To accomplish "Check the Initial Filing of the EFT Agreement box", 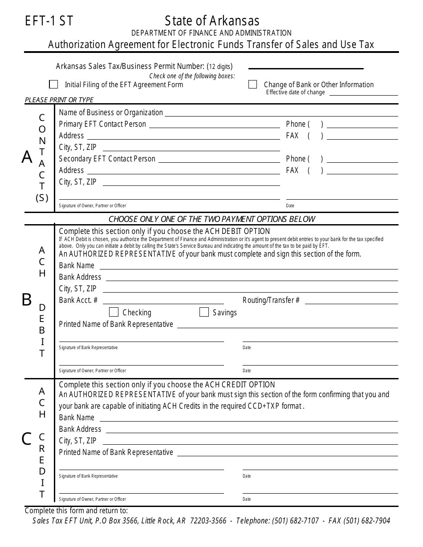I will coord(53,84).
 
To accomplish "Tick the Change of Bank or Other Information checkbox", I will coord(252,84).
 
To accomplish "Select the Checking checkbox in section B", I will coord(114,312).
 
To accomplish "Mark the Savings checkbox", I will coord(204,312).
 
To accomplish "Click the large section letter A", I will coord(27,157).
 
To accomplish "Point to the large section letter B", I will coord(27,300).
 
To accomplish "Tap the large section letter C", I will coord(27,439).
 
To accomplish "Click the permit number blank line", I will coord(305,68).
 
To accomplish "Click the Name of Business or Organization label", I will coord(111,113).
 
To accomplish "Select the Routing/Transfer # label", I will coord(271,300).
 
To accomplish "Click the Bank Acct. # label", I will coord(78,300).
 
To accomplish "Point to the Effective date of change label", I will coord(296,93).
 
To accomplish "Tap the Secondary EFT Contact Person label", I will coord(107,159).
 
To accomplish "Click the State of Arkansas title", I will coord(212,21).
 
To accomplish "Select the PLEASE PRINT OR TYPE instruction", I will coord(59,100).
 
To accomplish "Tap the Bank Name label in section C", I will coord(77,418).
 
